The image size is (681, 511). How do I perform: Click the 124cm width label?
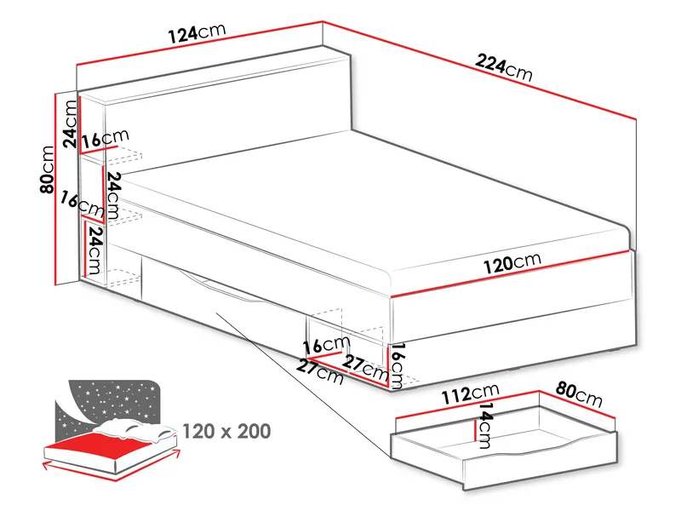pos(196,33)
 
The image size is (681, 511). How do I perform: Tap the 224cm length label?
pos(504,66)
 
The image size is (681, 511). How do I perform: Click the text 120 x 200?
pos(226,431)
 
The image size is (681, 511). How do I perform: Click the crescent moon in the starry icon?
pos(68,401)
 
